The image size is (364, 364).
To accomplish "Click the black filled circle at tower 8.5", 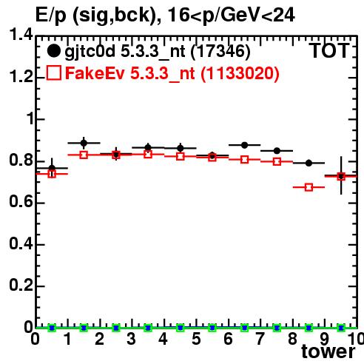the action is click(309, 163).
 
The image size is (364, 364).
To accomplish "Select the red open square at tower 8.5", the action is click(309, 187).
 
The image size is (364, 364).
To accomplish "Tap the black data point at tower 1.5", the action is click(84, 143).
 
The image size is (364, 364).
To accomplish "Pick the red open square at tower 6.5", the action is click(244, 160).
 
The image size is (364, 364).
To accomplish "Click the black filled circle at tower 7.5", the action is click(277, 151).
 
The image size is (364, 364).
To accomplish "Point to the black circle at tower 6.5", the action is click(244, 145).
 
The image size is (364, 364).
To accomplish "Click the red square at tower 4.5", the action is click(181, 156).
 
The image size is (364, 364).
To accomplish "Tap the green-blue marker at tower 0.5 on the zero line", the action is click(52, 328).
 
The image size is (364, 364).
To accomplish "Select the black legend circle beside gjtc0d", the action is click(53, 51).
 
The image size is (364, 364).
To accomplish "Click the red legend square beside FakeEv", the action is click(54, 73).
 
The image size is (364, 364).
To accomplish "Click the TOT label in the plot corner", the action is click(329, 51).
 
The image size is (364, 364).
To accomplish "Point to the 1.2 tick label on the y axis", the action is click(21, 77).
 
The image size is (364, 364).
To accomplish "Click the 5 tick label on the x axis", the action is click(196, 339).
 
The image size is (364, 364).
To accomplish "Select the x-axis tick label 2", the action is click(100, 339).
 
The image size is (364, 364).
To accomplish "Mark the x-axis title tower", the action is click(328, 351).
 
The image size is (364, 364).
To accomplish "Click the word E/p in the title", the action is click(51, 16).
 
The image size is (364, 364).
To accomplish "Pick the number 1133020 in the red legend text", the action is click(240, 73).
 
